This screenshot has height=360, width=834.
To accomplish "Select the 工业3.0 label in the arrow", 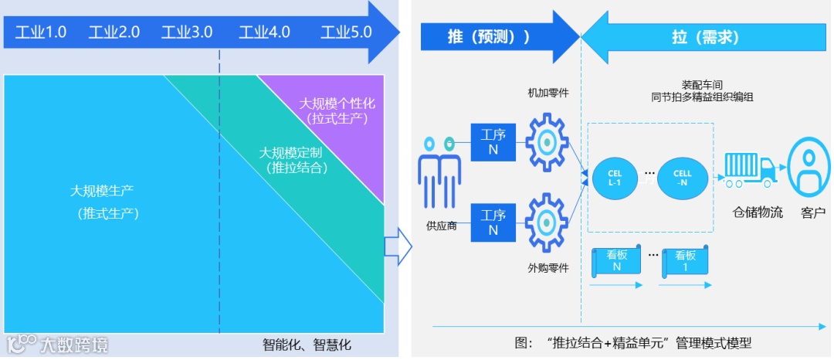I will pos(187,32).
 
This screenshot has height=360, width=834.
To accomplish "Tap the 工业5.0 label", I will pos(346,32).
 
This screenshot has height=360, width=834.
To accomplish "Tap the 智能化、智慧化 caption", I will pos(307,344).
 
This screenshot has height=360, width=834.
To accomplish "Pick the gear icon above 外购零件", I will pos(547,222).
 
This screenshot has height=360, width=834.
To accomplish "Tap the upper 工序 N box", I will pos(493,142).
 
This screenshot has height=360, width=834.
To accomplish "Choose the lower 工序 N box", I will pos(493,222).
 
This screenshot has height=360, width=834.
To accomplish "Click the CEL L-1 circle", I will pos(615,179).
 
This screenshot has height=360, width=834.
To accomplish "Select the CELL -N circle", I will pos(683,179).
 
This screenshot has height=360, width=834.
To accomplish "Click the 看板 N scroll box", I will pos(616,261).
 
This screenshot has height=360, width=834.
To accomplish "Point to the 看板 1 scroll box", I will pos(685,261).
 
